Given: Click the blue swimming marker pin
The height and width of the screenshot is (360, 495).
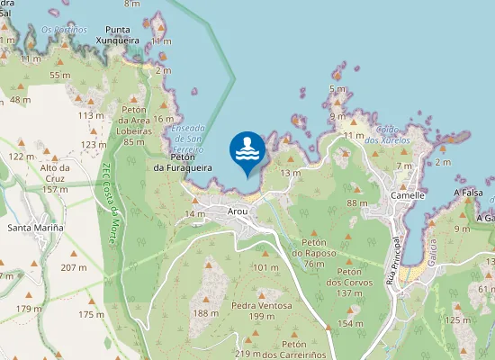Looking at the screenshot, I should tap(247, 152).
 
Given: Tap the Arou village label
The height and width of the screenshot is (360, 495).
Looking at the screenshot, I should tap(238, 211).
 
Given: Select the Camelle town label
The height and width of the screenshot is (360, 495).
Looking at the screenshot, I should tap(408, 194).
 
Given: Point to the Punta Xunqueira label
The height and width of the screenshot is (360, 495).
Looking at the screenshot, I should tap(121, 34).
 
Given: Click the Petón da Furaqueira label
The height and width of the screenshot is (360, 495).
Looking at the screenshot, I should tap(183, 162).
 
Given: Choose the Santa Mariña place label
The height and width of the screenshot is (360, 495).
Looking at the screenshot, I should tap(35, 228).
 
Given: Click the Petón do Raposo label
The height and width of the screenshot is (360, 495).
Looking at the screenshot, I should tap(314, 247).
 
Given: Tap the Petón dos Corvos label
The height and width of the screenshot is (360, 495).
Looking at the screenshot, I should tap(350, 283).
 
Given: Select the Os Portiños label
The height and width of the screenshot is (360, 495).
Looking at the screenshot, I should tap(64, 30).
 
